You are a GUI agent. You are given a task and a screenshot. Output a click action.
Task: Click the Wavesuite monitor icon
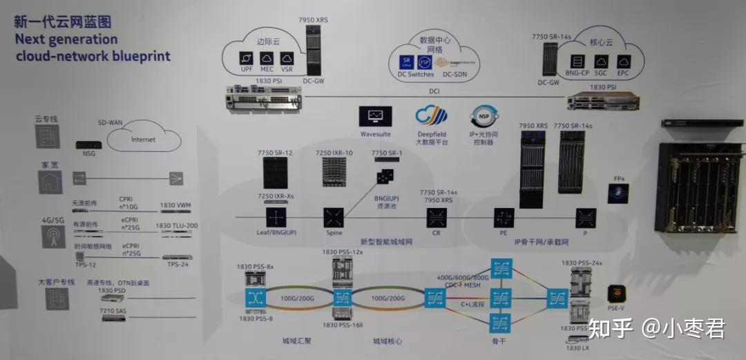(376, 115)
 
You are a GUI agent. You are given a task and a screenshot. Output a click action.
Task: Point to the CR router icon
(436, 218)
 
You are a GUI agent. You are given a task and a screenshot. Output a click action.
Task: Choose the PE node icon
(501, 218)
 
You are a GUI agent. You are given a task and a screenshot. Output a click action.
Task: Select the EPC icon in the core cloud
(623, 62)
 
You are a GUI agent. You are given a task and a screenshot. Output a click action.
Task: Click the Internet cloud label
(144, 140)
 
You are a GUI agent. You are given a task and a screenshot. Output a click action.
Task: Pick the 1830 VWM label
(176, 205)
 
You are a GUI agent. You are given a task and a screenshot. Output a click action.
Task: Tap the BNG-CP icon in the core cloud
(577, 62)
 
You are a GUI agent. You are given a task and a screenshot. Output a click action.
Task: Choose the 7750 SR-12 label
(276, 153)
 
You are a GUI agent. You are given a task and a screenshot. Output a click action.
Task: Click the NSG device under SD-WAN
(88, 145)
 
